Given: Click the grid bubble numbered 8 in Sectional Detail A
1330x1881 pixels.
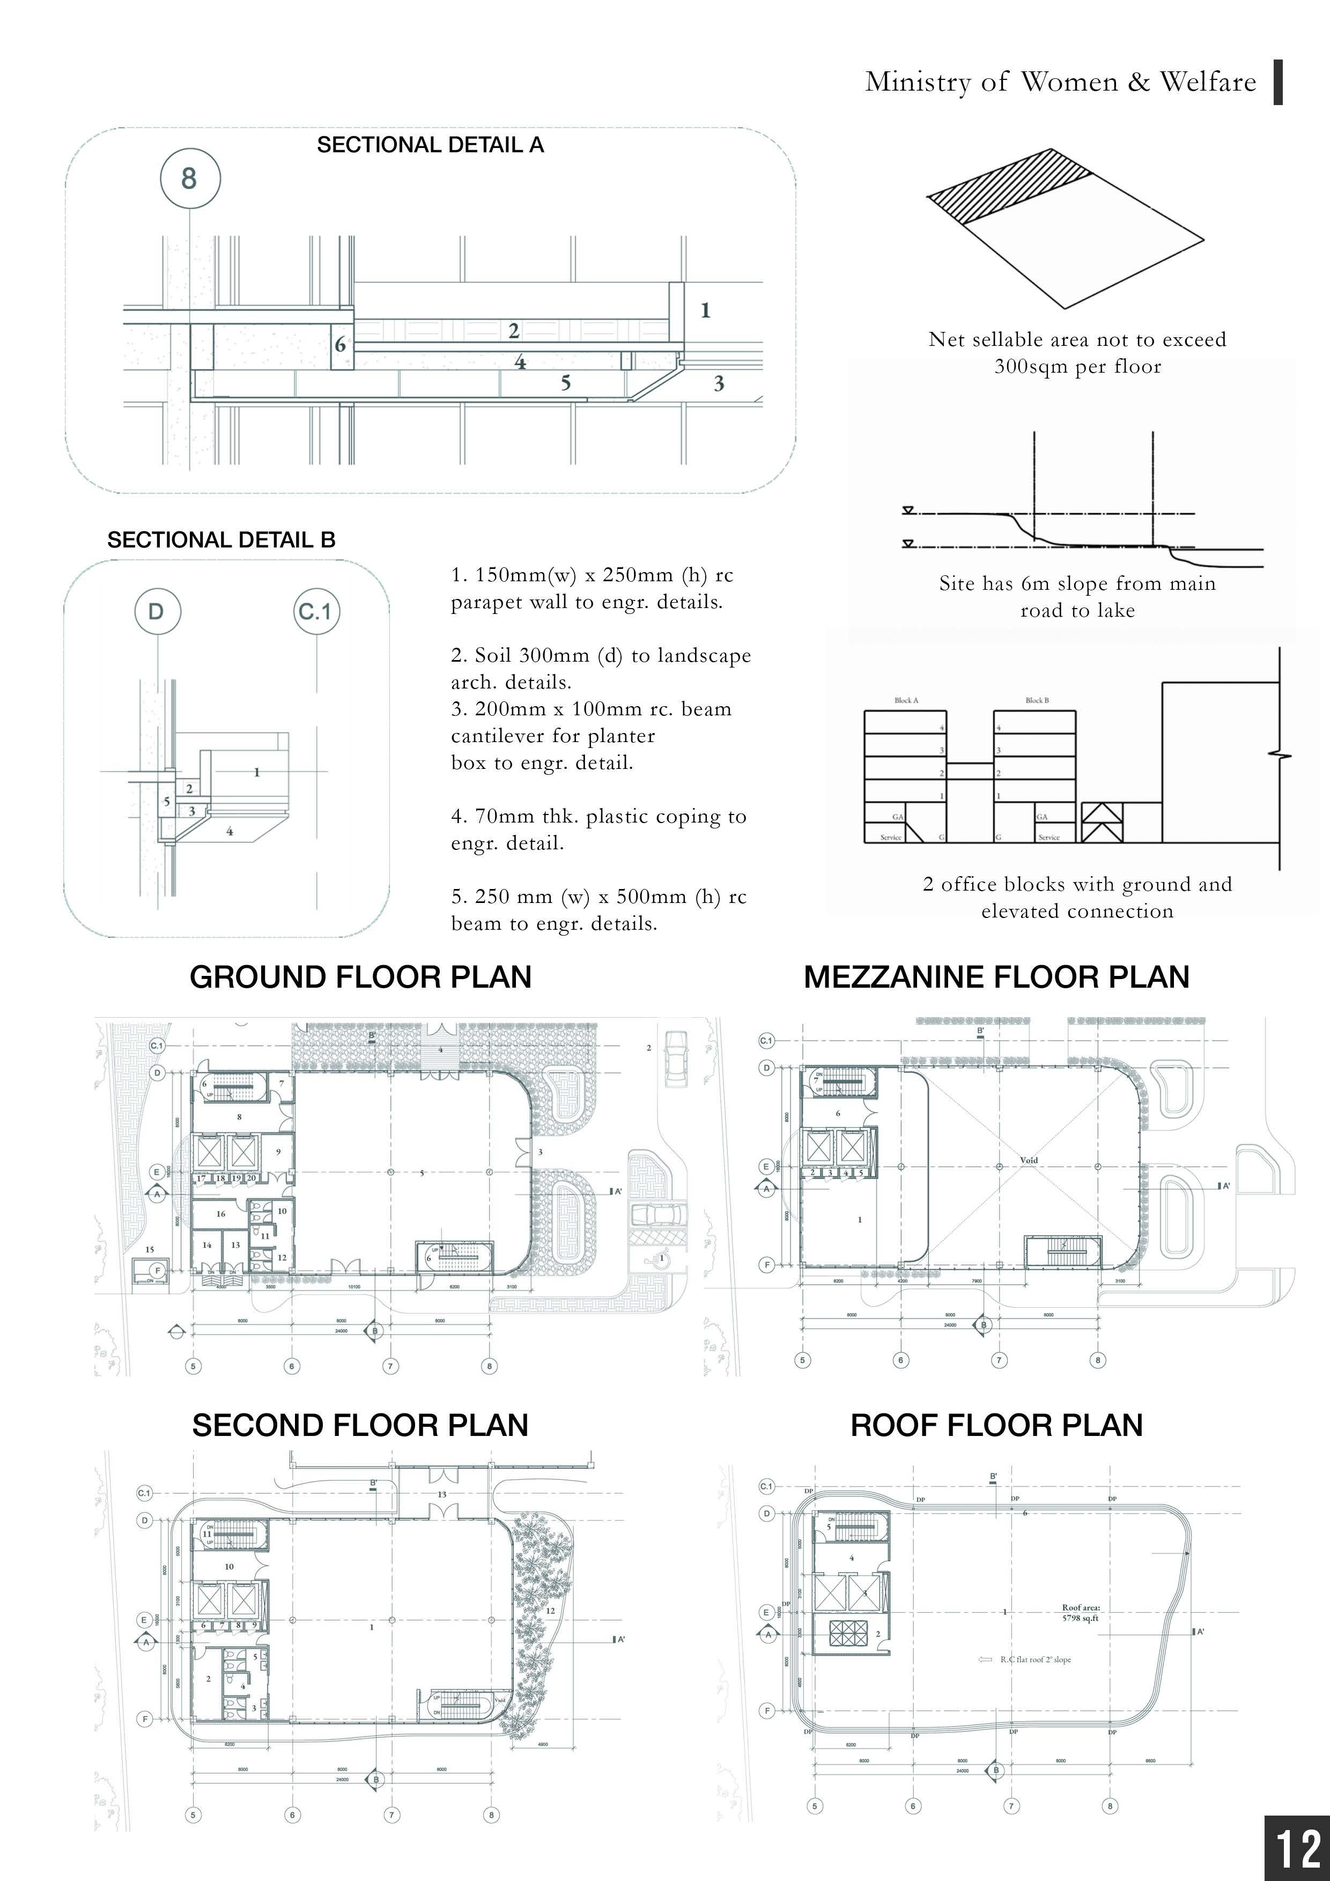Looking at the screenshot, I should [x=189, y=178].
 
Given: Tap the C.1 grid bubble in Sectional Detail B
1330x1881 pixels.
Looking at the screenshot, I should [x=316, y=611].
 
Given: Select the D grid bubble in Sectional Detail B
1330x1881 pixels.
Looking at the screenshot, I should [x=156, y=611].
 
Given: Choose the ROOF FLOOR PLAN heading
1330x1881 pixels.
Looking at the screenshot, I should [x=996, y=1426].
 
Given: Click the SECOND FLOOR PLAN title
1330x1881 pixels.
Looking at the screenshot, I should [x=360, y=1426].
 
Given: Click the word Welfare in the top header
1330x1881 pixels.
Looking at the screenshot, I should [x=1208, y=82].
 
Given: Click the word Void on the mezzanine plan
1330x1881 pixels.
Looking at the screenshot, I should [x=1029, y=1160].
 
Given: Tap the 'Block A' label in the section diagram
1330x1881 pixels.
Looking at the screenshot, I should [x=906, y=700].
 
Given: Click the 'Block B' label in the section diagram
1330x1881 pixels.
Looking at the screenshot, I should [x=1037, y=700].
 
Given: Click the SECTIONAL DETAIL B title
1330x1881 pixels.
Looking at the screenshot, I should [x=221, y=540].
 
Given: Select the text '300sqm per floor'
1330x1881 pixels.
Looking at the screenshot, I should [x=1077, y=366].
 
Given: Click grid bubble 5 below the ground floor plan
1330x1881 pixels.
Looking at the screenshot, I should [x=194, y=1366].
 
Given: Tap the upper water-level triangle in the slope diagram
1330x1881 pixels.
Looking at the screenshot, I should [x=907, y=510].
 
